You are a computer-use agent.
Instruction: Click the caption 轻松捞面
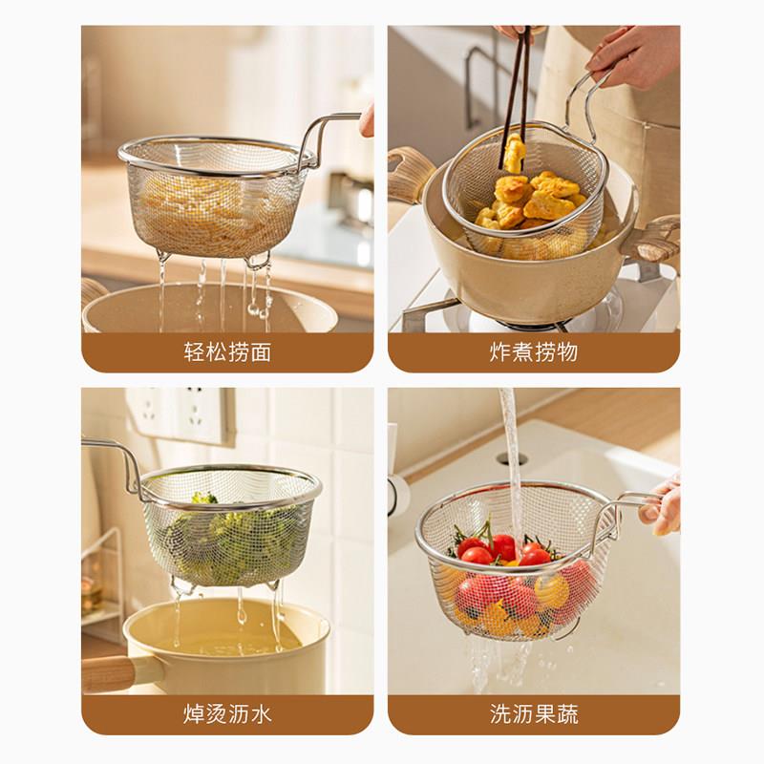pyautogui.click(x=227, y=351)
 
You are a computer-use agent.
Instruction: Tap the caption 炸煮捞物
pyautogui.click(x=534, y=351)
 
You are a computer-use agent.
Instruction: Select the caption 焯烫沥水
pyautogui.click(x=227, y=714)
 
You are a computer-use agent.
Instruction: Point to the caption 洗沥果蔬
pyautogui.click(x=534, y=714)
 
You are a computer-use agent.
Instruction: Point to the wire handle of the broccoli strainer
pyautogui.click(x=115, y=463)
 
